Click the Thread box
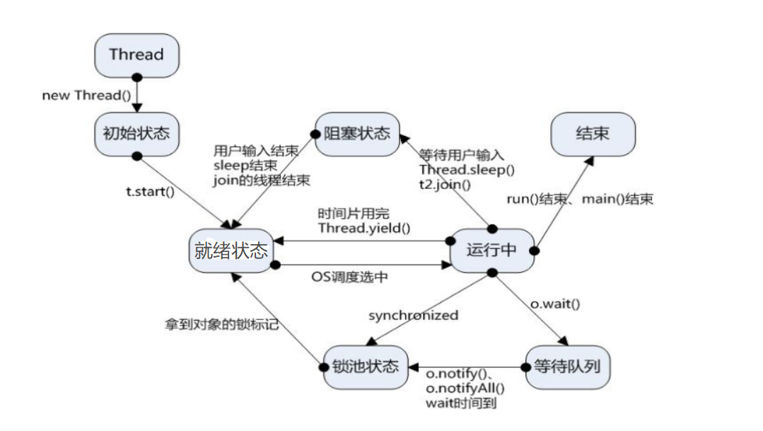[136, 54]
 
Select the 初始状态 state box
[136, 132]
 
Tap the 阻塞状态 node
[357, 133]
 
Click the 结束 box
[593, 134]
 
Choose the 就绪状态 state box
[231, 251]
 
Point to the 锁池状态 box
[366, 367]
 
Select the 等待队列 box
[568, 367]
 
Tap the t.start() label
[150, 190]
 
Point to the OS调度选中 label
[350, 277]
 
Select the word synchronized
[414, 315]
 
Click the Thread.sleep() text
[467, 170]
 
